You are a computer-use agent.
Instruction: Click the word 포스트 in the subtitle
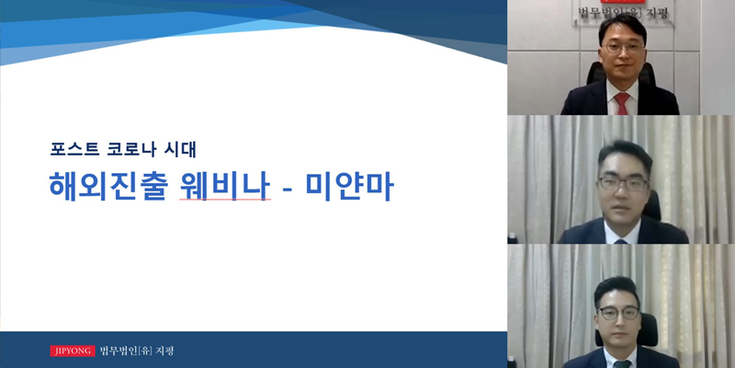(x=74, y=149)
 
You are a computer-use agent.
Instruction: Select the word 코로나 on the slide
(x=132, y=149)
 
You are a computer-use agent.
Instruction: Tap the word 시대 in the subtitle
(x=181, y=149)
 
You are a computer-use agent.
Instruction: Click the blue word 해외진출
(x=107, y=187)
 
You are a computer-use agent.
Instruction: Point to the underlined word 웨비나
(x=225, y=187)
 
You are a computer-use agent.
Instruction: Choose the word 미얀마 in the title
(x=350, y=187)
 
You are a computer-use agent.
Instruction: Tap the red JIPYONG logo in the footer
(x=73, y=351)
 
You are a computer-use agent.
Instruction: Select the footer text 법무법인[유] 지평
(x=136, y=351)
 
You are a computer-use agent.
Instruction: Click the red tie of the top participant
(x=622, y=103)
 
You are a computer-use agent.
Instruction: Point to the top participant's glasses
(x=624, y=48)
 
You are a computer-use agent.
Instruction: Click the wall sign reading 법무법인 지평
(x=622, y=13)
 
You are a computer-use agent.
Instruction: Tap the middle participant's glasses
(x=623, y=183)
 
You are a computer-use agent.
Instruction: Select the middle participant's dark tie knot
(x=621, y=241)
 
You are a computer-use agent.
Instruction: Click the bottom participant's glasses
(x=618, y=313)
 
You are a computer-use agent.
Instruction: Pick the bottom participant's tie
(x=622, y=363)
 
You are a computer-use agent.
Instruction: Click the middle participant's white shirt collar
(x=622, y=233)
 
